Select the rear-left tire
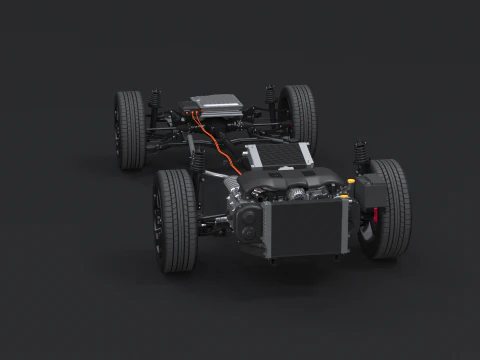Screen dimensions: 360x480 pos(129,129)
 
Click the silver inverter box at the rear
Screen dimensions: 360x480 pos(217,102)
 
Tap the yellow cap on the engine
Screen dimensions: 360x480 pos(349,182)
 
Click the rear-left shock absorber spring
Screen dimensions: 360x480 pos(155,104)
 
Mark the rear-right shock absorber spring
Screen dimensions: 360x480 pos(270,97)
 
